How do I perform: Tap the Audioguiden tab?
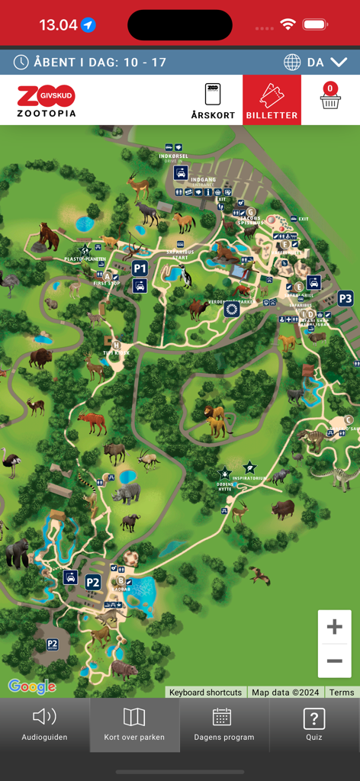coord(44,724)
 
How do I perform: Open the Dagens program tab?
coord(223,724)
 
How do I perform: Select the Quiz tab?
coord(314,724)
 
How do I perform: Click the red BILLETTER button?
coord(272,100)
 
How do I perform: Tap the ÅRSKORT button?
coord(213,100)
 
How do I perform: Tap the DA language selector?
coord(315,63)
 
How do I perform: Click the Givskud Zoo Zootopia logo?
coord(47,100)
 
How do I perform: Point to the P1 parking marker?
coord(140,268)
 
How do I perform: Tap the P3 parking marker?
coord(346,298)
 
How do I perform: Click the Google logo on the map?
coord(32,686)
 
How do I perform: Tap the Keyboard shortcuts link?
coord(205,693)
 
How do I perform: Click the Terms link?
coord(342,693)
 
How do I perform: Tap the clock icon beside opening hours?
coord(21,63)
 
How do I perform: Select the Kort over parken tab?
coord(134,724)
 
